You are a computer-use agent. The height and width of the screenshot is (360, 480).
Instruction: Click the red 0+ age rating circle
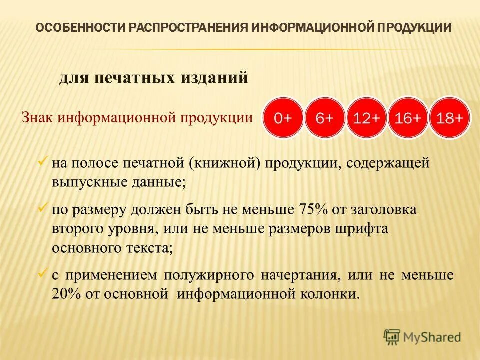[283, 118]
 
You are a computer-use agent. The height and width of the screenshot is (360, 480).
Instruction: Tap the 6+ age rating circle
[325, 118]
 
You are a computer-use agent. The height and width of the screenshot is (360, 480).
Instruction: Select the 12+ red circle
[366, 118]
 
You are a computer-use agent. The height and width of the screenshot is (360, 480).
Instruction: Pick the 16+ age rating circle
[408, 118]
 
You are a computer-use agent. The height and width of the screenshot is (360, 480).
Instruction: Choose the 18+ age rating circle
[450, 118]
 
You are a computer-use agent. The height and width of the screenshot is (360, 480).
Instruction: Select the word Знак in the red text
[38, 118]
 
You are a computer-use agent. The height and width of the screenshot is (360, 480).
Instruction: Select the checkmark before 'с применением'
[43, 273]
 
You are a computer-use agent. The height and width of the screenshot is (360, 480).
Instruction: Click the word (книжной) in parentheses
[224, 164]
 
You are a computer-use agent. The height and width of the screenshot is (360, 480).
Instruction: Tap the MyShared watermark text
[433, 337]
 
